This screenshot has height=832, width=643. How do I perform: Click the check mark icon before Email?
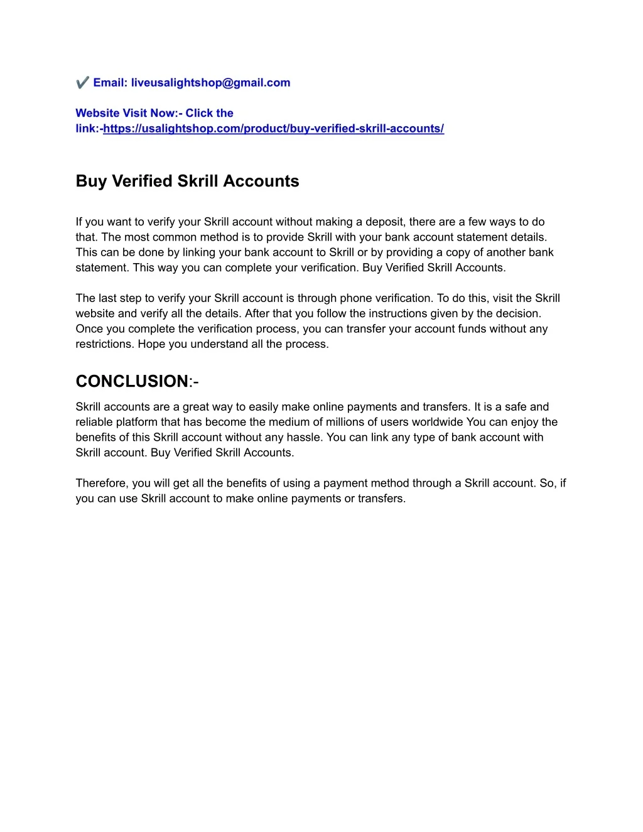[82, 83]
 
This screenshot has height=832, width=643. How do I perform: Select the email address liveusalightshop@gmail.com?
[210, 83]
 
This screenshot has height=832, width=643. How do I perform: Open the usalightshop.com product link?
[273, 129]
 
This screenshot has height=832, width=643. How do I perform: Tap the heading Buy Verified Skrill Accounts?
[187, 181]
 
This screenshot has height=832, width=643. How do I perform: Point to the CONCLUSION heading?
[132, 381]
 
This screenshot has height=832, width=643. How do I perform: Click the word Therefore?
[101, 483]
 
